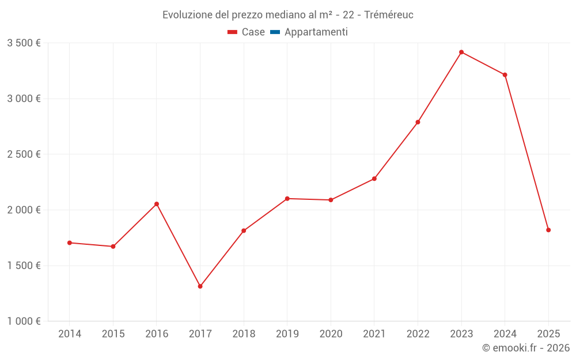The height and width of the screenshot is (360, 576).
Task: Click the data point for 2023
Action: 461,52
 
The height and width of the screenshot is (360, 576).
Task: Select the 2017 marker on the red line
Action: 200,286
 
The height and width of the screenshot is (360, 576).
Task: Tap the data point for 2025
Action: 548,230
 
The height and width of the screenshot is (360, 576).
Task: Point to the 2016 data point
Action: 157,204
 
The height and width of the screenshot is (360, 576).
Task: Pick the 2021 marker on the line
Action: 374,179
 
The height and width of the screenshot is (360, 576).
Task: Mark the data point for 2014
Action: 70,242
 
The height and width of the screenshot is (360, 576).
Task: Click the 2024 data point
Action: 505,75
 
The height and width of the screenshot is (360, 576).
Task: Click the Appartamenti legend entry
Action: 316,32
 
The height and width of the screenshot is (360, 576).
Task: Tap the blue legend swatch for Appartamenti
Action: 275,32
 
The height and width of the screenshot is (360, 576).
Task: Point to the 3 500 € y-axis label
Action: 24,43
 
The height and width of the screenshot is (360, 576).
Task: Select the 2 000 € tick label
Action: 24,210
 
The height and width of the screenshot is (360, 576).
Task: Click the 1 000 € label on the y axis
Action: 24,321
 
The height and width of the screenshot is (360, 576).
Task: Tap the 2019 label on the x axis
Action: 287,334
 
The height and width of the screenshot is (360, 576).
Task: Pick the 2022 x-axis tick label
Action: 418,334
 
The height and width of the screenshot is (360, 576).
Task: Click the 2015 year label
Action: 113,334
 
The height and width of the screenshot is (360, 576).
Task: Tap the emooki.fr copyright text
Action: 526,348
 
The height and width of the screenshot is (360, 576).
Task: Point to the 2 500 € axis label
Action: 24,154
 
